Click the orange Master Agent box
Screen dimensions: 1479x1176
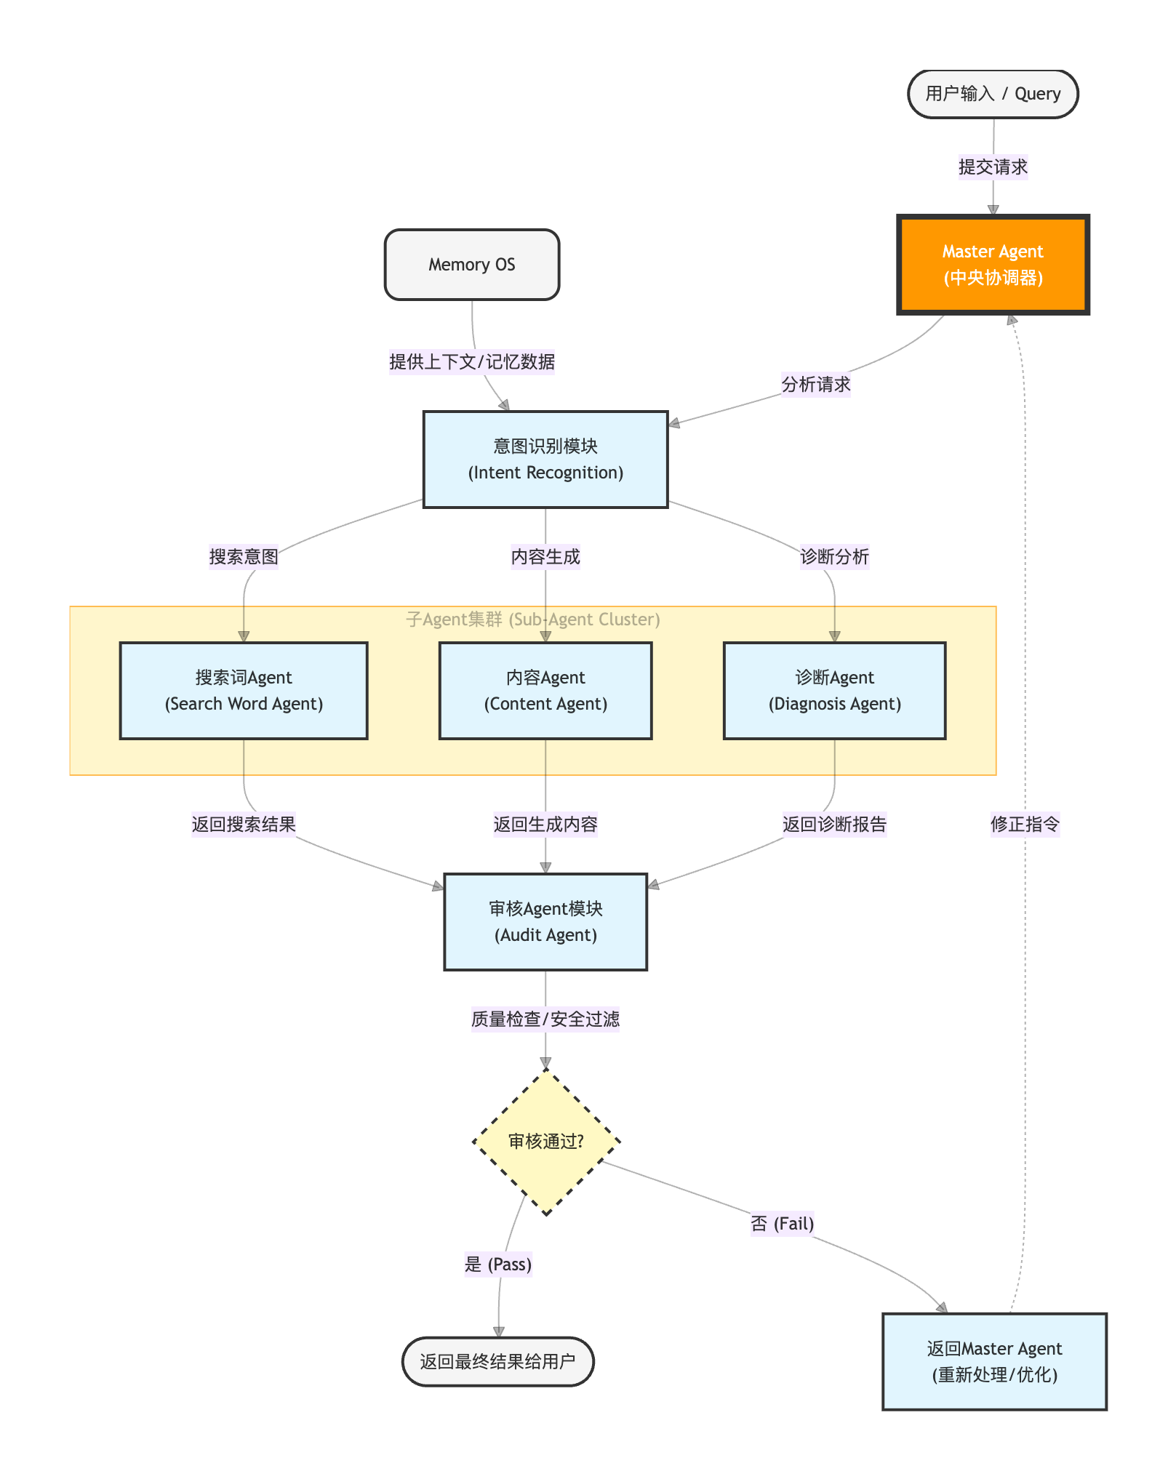pyautogui.click(x=993, y=265)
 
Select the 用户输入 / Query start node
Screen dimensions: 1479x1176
pyautogui.click(x=993, y=94)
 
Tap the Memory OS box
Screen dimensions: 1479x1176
pyautogui.click(x=472, y=265)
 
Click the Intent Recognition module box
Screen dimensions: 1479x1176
pyautogui.click(x=545, y=460)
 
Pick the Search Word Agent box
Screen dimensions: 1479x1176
pyautogui.click(x=244, y=691)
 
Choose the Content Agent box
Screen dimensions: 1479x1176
pyautogui.click(x=545, y=691)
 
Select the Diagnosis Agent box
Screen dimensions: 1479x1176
pyautogui.click(x=834, y=691)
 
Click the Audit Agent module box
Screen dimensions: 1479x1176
pyautogui.click(x=545, y=922)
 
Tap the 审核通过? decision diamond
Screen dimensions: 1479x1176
pyautogui.click(x=545, y=1142)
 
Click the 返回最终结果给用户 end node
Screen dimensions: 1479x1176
pyautogui.click(x=498, y=1361)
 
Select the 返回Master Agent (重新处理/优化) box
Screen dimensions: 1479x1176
pyautogui.click(x=994, y=1361)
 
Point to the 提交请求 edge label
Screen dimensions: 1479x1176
pyautogui.click(x=993, y=167)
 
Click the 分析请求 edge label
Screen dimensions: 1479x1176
pyautogui.click(x=815, y=385)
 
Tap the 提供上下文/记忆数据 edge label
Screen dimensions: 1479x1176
pyautogui.click(x=472, y=361)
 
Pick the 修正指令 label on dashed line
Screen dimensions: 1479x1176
pyautogui.click(x=1025, y=825)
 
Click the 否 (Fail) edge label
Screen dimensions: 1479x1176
pyautogui.click(x=782, y=1224)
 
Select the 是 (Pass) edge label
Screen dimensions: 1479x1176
pyautogui.click(x=498, y=1264)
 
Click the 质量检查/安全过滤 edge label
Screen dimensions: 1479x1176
pyautogui.click(x=545, y=1019)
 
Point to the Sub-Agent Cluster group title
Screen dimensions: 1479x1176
pyautogui.click(x=533, y=620)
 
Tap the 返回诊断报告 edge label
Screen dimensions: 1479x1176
pyautogui.click(x=834, y=825)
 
